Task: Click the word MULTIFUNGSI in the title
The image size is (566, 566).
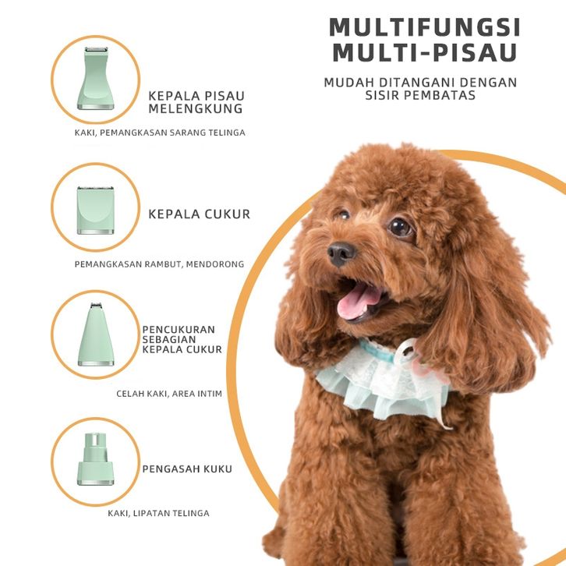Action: tap(424, 27)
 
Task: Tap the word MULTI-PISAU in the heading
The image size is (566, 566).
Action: tap(425, 52)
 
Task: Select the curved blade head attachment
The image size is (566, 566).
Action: tap(95, 78)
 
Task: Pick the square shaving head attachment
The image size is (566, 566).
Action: tap(95, 210)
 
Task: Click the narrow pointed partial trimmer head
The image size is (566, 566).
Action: tap(96, 334)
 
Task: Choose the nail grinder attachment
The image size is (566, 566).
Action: tap(95, 459)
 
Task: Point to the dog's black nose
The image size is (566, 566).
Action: tap(341, 253)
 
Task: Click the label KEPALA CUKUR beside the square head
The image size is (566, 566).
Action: tap(200, 214)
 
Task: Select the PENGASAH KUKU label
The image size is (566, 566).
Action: tap(187, 469)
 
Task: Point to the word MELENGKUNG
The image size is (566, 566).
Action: tap(196, 108)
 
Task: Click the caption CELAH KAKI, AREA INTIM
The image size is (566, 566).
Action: tap(169, 394)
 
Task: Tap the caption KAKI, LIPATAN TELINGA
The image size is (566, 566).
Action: tap(158, 513)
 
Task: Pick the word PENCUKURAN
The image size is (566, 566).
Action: tap(179, 330)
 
